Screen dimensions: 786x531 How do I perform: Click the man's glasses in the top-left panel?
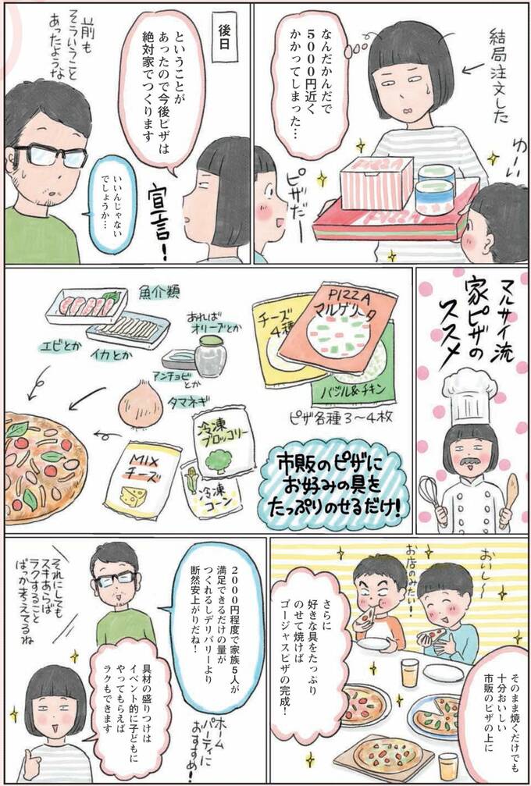coord(49,156)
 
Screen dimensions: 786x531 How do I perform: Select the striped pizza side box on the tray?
coord(365,183)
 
